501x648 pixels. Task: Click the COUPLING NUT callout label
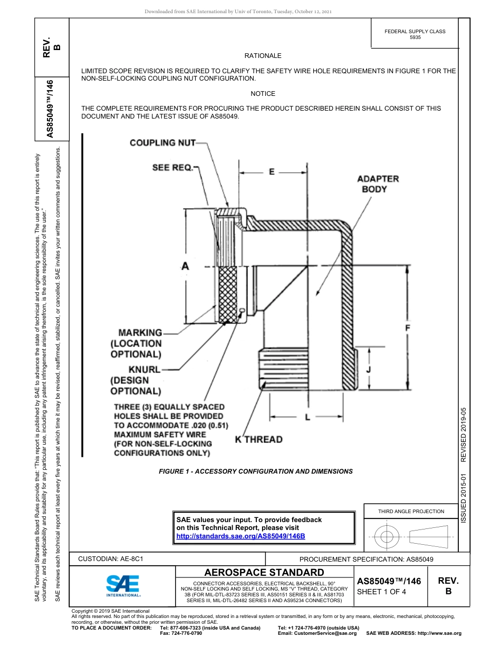tap(162, 142)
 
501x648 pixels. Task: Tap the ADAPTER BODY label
tap(378, 184)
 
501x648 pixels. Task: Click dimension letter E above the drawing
tap(272, 172)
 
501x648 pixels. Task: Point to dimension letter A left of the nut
tap(185, 267)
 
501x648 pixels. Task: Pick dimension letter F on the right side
tap(407, 328)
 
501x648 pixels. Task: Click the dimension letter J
tap(369, 369)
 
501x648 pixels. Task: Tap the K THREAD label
tap(258, 439)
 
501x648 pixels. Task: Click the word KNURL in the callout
tap(144, 369)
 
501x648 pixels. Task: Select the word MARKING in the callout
tap(140, 332)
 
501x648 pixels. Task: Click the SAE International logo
tap(123, 585)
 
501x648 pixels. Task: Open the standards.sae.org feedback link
tap(240, 536)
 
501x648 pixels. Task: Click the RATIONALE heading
tap(263, 56)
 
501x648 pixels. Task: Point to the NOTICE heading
tap(263, 94)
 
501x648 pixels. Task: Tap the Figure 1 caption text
tap(256, 472)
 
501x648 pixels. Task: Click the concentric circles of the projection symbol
tap(387, 537)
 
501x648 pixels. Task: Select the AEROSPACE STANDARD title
tap(264, 572)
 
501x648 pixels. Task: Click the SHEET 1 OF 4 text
tap(381, 592)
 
